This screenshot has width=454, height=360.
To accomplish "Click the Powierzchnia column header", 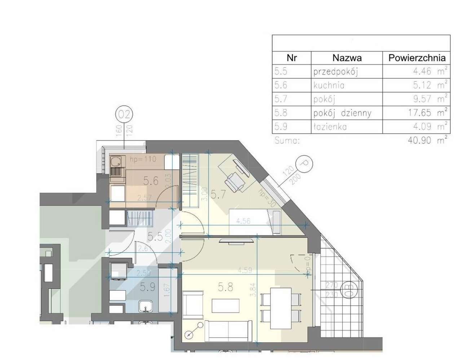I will (x=416, y=58).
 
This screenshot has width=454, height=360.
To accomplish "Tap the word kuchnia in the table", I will (x=329, y=85).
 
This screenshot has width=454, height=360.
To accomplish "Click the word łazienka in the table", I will (x=330, y=126).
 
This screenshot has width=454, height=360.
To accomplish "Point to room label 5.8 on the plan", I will (x=225, y=287).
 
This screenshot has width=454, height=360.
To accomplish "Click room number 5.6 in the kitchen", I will (x=151, y=181).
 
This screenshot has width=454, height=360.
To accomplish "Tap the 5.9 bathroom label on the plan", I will (x=147, y=287).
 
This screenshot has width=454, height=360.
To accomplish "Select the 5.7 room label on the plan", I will (x=218, y=195).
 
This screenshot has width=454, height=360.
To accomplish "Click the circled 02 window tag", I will (x=124, y=115).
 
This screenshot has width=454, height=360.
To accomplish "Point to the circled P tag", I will (x=304, y=164).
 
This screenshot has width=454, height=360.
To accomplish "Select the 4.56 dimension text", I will (x=243, y=221).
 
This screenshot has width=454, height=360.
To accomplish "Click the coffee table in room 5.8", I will (x=226, y=306).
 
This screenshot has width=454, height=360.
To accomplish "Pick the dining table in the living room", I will (x=281, y=308).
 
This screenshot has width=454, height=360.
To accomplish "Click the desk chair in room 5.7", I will (x=235, y=181).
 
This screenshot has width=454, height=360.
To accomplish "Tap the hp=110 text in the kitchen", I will (x=143, y=159).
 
